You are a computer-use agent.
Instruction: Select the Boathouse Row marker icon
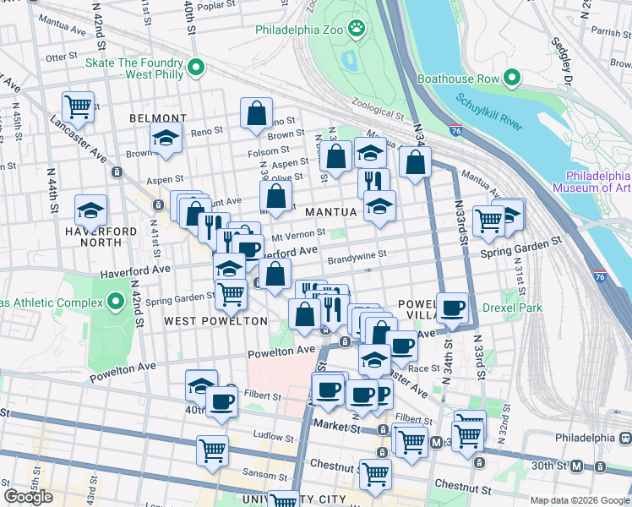tap(511, 79)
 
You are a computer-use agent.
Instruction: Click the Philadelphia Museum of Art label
tap(597, 182)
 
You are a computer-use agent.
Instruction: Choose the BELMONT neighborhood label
tap(158, 118)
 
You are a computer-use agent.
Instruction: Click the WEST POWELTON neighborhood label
tap(215, 321)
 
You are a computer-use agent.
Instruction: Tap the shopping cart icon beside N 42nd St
tap(78, 106)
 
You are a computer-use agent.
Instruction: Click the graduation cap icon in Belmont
tap(166, 137)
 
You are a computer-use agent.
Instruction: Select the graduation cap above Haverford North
tap(90, 209)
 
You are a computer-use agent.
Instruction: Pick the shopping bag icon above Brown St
tap(256, 112)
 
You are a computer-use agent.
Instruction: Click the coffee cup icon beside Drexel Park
tap(453, 307)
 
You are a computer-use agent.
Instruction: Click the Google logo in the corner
tap(29, 497)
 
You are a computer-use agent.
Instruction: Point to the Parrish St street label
tap(604, 33)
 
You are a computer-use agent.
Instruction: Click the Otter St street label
tap(62, 57)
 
